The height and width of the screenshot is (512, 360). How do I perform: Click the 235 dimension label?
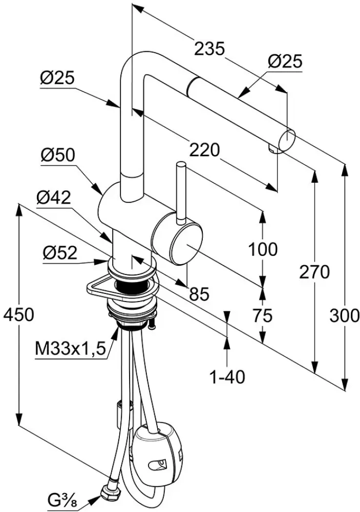click(x=209, y=49)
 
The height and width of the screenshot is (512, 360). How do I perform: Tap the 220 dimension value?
click(x=205, y=151)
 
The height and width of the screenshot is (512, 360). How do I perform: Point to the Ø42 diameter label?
click(x=54, y=197)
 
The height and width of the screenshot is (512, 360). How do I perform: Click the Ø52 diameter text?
click(x=60, y=253)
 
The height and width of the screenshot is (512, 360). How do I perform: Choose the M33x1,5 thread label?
click(x=70, y=350)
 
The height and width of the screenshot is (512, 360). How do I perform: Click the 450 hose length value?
click(x=18, y=315)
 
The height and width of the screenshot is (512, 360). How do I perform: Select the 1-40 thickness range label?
click(x=227, y=378)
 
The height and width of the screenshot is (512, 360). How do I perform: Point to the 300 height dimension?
click(x=344, y=315)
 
